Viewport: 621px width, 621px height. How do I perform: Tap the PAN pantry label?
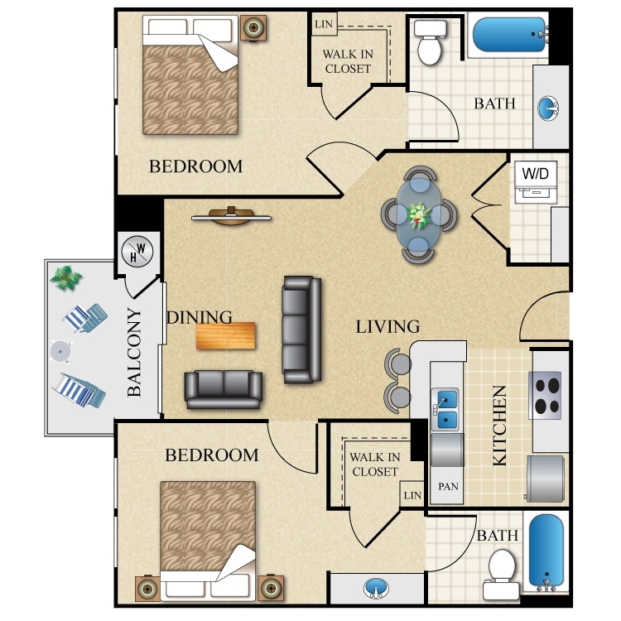[448, 487]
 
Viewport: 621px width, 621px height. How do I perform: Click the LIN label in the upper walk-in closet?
[323, 23]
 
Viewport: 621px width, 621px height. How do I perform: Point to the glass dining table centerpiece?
[418, 215]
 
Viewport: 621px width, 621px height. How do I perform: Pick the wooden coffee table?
[226, 335]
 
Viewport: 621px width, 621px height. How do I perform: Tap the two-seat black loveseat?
[224, 389]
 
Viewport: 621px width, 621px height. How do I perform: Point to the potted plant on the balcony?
[66, 276]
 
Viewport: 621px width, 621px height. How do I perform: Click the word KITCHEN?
[500, 426]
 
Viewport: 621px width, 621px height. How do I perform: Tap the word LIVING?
[388, 326]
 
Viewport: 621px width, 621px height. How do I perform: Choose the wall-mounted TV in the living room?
[232, 217]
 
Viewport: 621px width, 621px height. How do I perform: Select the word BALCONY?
[135, 352]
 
